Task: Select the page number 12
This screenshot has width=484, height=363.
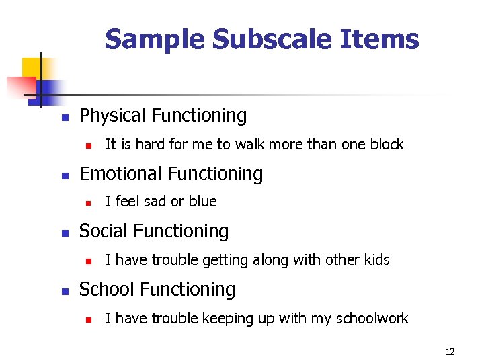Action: pos(450,352)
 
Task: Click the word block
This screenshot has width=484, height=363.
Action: pos(387,144)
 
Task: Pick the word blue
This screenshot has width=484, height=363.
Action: pos(204,202)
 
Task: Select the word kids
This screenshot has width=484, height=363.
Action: pos(376,260)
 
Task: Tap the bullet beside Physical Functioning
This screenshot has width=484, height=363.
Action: pos(65,118)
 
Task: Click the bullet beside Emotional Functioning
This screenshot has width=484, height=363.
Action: pos(65,175)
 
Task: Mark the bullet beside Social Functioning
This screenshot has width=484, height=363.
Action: pos(65,233)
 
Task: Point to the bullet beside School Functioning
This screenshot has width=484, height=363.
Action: pos(65,292)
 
